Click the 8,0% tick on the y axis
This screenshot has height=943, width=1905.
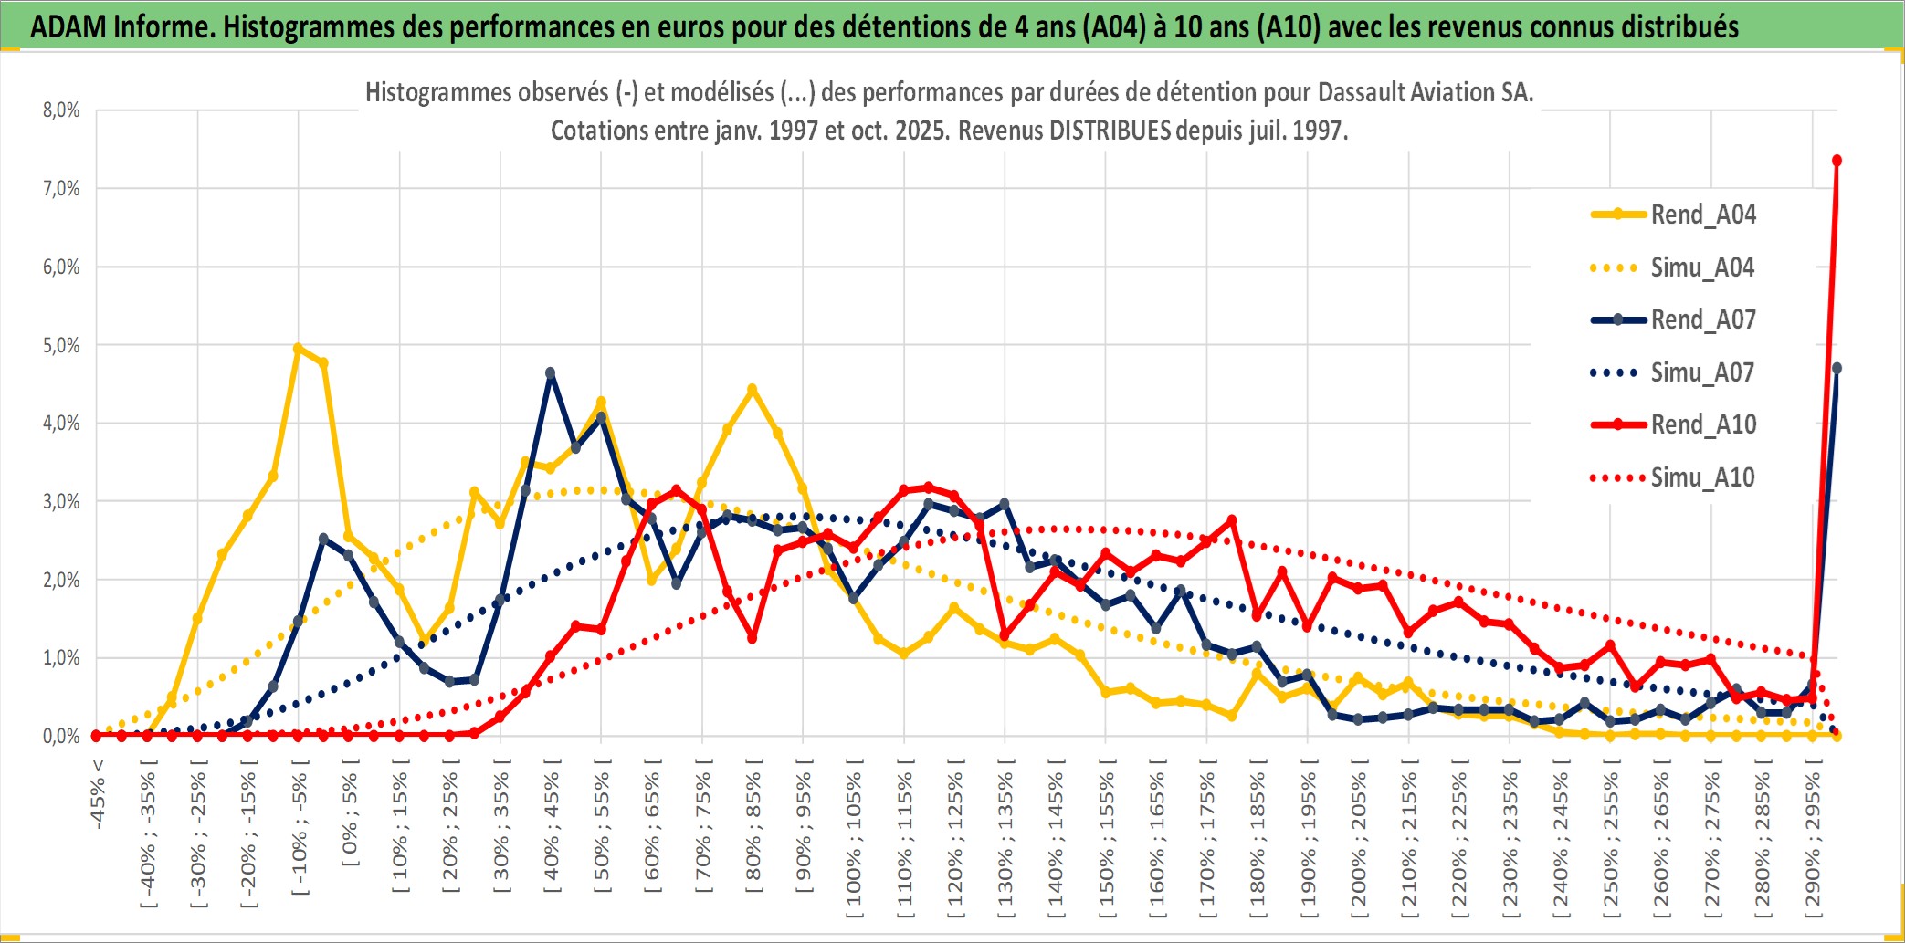click(x=61, y=110)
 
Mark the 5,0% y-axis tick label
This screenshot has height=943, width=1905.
click(x=61, y=345)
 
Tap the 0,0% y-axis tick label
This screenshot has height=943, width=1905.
click(x=61, y=736)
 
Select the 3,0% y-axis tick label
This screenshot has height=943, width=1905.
click(x=61, y=501)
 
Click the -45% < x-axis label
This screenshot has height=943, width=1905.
click(x=98, y=794)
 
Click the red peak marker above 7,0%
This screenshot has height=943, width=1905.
click(x=1837, y=161)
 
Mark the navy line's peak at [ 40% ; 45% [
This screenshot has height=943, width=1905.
click(x=551, y=372)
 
